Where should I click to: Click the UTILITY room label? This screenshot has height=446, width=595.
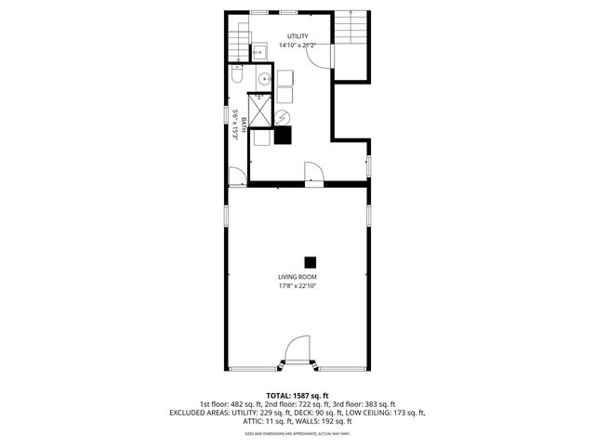297,36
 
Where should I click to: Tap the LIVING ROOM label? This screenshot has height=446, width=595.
297,277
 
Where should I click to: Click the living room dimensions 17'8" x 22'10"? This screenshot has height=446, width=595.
297,286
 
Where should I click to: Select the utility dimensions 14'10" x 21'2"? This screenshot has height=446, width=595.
297,46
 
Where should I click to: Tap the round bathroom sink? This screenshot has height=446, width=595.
264,80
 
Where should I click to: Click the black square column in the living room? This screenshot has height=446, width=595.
311,261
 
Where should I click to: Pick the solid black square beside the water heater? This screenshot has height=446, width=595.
283,135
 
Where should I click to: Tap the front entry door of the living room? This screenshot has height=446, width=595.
297,353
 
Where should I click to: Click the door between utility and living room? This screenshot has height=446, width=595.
313,173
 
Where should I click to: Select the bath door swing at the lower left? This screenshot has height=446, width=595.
238,174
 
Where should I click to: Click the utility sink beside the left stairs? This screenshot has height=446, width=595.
260,52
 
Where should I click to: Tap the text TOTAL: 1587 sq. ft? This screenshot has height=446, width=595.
297,395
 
